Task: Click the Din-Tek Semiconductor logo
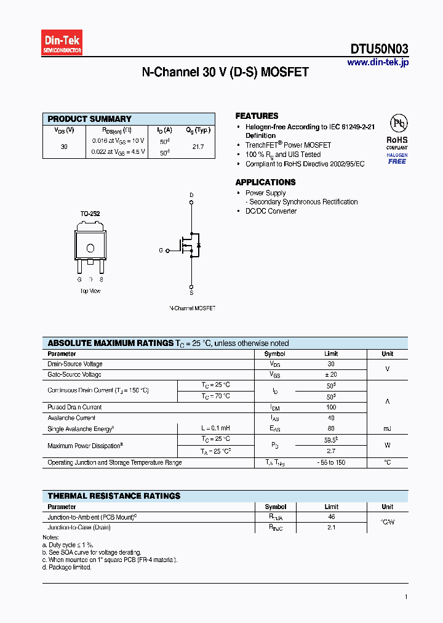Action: point(62,43)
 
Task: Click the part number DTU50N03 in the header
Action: point(379,50)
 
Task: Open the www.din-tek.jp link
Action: point(377,62)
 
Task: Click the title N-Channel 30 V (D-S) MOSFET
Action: point(225,73)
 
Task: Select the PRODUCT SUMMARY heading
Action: point(90,119)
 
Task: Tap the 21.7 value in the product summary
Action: point(198,147)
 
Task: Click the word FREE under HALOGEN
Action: point(397,161)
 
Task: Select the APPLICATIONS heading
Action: point(265,182)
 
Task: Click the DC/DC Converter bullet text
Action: point(271,211)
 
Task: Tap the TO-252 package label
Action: point(90,214)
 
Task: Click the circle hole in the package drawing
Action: point(90,248)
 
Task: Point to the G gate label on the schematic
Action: point(161,251)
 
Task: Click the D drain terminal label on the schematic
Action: point(191,195)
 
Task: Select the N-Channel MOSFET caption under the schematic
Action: point(192,308)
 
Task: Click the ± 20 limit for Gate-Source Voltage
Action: point(331,374)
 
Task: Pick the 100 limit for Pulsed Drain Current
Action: point(331,407)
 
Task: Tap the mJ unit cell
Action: point(387,428)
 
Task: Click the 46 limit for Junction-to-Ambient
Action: point(331,518)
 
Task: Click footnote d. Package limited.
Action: point(67,567)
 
